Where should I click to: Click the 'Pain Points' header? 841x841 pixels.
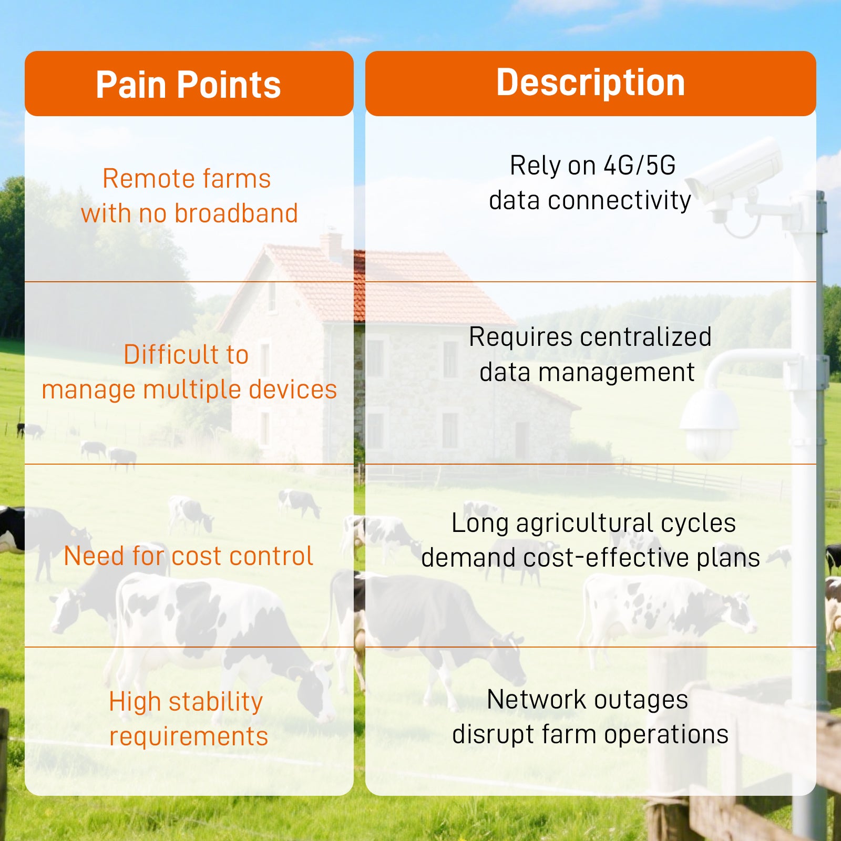tap(188, 85)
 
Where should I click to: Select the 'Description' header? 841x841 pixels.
tap(591, 83)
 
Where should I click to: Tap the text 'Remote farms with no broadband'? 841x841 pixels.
tap(189, 196)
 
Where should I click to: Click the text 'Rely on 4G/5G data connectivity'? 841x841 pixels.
tap(590, 183)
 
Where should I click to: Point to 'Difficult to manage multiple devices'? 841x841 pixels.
tap(189, 372)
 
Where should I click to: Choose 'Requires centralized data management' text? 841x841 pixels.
tap(590, 354)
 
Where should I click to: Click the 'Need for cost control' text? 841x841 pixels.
tap(188, 556)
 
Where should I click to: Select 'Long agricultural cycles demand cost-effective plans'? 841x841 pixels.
tap(591, 540)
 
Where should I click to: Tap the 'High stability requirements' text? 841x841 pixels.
tap(188, 719)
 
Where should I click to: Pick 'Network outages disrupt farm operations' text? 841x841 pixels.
tap(590, 716)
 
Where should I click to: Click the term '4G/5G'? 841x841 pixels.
tap(639, 166)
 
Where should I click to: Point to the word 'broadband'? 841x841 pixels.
tap(236, 213)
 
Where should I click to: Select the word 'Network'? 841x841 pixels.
tap(537, 700)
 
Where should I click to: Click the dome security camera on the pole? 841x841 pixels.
tap(710, 423)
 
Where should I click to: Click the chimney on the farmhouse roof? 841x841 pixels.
tap(331, 243)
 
